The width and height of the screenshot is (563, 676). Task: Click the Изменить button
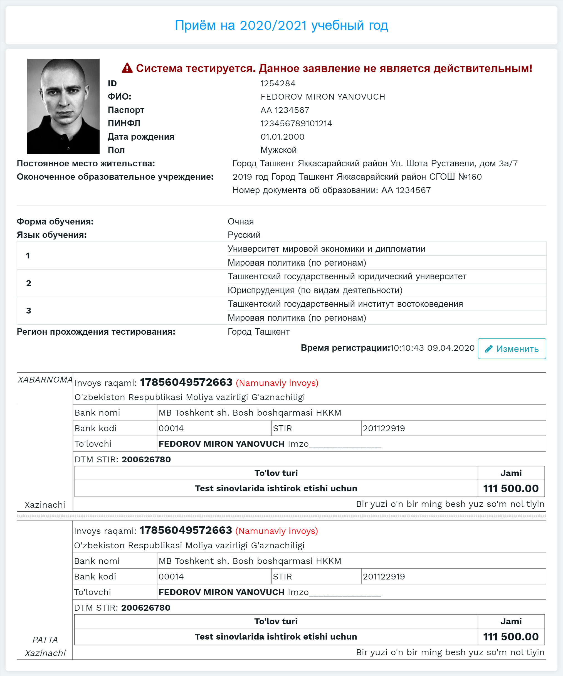tap(512, 349)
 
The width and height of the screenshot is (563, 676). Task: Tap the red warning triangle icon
tap(127, 68)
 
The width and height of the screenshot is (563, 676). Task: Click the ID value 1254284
tap(278, 83)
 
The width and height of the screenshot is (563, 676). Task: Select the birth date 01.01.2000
tap(282, 137)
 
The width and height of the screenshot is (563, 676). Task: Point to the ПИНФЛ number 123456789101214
tap(296, 123)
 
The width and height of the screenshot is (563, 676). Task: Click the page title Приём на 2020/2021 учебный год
tap(281, 25)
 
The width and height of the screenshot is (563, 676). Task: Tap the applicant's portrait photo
tap(63, 106)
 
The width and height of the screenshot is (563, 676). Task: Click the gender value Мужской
tap(278, 150)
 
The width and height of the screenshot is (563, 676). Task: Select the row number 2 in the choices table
tap(29, 283)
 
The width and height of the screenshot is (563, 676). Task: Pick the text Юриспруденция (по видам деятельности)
tap(315, 290)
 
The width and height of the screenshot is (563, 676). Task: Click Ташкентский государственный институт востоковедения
tap(345, 304)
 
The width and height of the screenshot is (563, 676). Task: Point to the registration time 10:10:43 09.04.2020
tap(432, 348)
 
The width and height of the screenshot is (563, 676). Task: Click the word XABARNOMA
tap(45, 380)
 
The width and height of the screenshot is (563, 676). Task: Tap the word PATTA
tap(45, 640)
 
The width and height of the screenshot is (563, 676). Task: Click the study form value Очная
tap(240, 221)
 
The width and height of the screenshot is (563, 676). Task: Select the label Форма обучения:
tap(55, 221)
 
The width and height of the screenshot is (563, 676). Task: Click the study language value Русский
tap(244, 235)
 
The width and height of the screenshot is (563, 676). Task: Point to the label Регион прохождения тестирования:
tap(96, 332)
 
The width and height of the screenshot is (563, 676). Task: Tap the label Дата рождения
tap(141, 137)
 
